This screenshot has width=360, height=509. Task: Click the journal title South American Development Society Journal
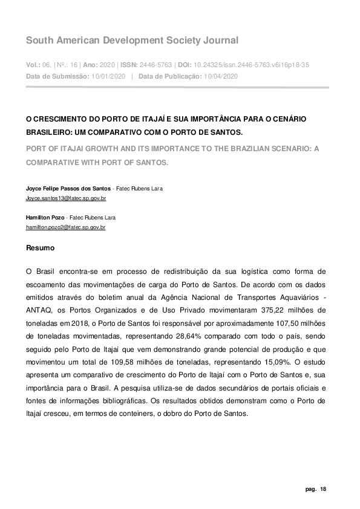(x=132, y=41)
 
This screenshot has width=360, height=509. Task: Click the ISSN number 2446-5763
(x=155, y=65)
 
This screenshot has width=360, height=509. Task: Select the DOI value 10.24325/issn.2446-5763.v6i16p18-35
(x=256, y=65)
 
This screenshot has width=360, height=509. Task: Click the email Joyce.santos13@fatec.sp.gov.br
(x=66, y=198)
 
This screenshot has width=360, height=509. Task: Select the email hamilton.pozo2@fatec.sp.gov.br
(x=65, y=227)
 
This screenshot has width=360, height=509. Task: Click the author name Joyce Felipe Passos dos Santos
(x=68, y=189)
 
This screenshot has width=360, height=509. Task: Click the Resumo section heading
(x=40, y=248)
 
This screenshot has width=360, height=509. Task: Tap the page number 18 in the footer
(x=324, y=488)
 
